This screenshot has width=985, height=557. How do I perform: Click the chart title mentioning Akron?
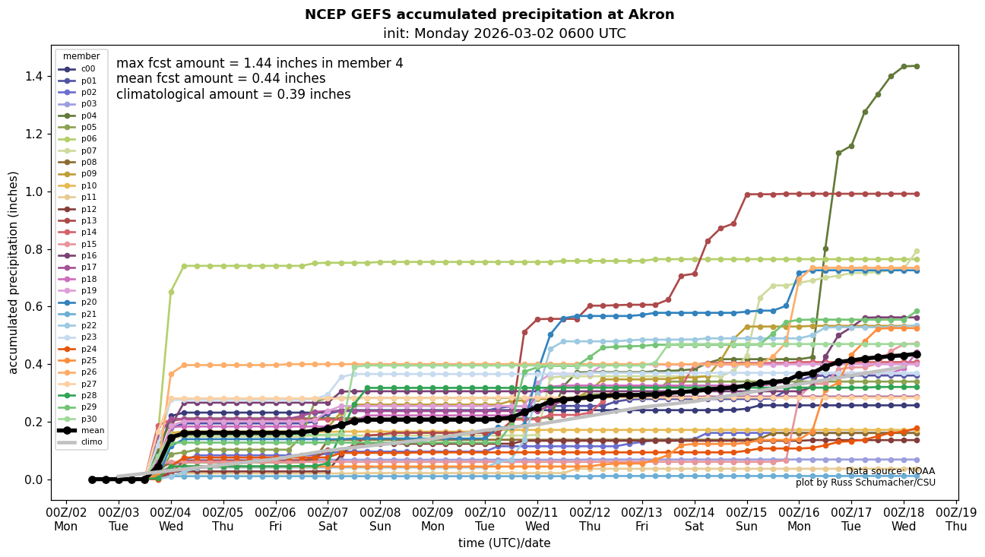click(x=489, y=14)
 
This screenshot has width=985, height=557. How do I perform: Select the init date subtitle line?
click(x=505, y=33)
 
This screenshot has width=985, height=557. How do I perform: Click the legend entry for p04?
click(x=81, y=116)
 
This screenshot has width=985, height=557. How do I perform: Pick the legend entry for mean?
click(x=81, y=430)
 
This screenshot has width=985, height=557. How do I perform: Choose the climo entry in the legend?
click(x=81, y=441)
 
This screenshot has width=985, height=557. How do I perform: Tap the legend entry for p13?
click(x=81, y=220)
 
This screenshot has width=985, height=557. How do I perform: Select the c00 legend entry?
click(x=81, y=69)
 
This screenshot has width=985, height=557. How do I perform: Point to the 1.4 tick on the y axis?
click(x=33, y=76)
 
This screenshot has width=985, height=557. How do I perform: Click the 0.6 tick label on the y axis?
click(x=33, y=307)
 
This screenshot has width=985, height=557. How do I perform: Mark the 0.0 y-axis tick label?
click(x=33, y=479)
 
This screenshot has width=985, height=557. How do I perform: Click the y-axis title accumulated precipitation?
click(x=13, y=272)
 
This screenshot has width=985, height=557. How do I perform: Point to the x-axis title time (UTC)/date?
click(x=504, y=543)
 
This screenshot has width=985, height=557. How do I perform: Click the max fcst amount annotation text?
click(x=259, y=63)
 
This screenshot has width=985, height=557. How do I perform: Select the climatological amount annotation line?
click(x=233, y=94)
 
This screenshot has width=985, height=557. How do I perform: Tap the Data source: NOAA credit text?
click(x=890, y=471)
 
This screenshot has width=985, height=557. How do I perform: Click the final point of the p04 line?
click(x=916, y=66)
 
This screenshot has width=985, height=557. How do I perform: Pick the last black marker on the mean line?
click(x=916, y=354)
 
